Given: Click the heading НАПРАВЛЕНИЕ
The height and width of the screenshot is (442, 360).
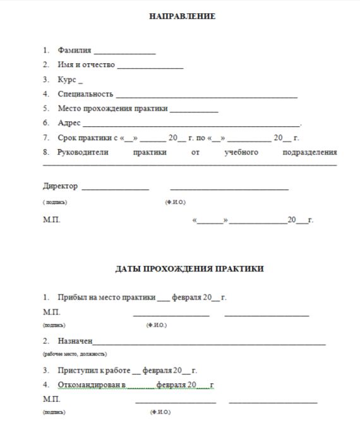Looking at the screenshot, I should [x=182, y=16].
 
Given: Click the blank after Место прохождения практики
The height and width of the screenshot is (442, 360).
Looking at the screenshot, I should [x=194, y=110].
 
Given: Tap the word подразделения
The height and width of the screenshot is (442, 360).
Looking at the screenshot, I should [x=310, y=152].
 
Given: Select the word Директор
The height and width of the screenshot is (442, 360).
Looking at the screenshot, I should [x=61, y=186].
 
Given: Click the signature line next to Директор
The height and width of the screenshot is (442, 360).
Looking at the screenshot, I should [x=115, y=188].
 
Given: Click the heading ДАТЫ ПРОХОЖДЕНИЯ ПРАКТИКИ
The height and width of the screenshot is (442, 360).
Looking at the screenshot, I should [x=189, y=269].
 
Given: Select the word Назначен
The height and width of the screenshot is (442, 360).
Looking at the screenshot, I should [x=75, y=341].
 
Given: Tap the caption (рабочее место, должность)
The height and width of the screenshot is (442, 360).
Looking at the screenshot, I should [x=75, y=354].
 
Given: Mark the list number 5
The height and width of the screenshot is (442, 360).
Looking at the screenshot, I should [x=46, y=108].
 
